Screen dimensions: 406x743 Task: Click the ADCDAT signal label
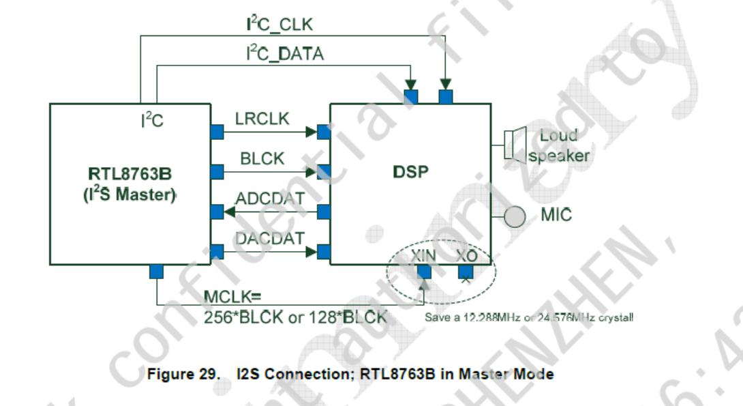270,199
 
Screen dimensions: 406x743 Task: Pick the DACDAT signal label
270,238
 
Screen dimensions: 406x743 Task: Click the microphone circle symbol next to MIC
515,216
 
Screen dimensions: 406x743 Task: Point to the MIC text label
556,216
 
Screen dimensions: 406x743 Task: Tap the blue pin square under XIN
424,272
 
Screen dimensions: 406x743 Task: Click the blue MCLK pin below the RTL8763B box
156,272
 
